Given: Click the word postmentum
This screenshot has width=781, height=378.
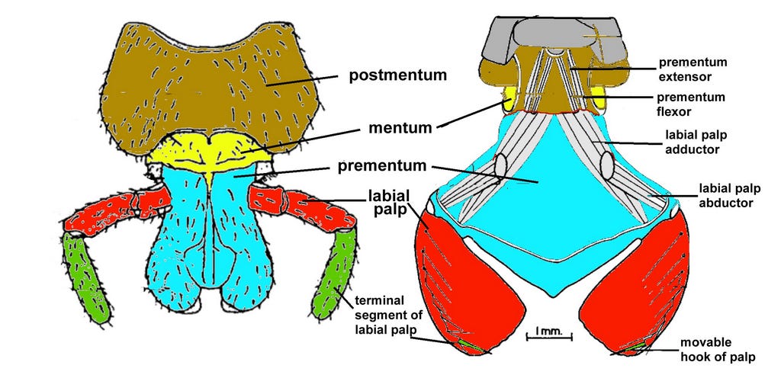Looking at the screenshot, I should (397, 75).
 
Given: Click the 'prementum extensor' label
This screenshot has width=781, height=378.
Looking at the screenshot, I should (693, 69).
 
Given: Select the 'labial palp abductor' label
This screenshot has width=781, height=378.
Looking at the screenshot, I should (727, 196).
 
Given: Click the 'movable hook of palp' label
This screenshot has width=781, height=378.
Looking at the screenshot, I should (718, 350).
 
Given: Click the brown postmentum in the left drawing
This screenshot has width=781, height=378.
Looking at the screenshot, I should (214, 84).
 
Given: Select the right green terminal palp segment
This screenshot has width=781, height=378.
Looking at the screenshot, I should (336, 274).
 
